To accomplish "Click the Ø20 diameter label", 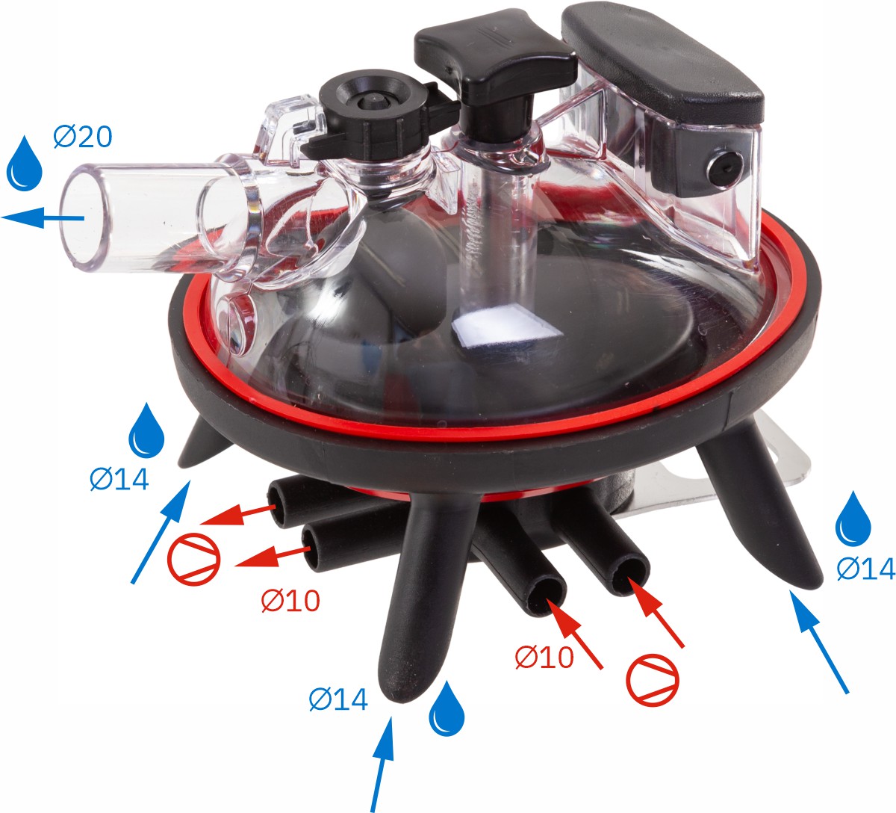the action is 83,137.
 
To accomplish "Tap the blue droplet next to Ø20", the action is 25,164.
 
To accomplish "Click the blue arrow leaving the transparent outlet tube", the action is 43,217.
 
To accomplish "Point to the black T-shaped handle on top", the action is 496,76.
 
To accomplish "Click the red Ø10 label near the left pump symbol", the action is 290,600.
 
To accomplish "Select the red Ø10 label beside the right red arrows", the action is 544,658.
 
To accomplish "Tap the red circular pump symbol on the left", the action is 194,559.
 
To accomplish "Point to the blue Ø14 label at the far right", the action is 866,569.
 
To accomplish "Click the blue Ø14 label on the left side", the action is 119,479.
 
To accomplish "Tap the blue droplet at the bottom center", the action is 447,710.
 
